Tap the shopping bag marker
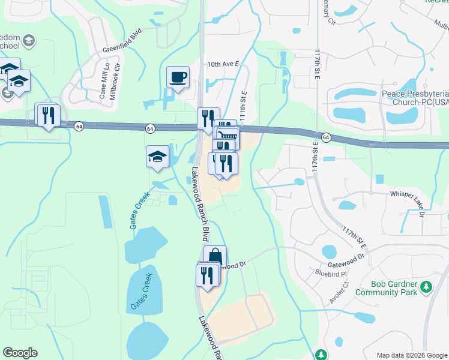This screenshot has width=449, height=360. pyautogui.click(x=215, y=257)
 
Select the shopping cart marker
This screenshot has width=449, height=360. pyautogui.click(x=228, y=138)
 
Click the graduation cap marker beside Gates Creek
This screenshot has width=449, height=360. pyautogui.click(x=158, y=157)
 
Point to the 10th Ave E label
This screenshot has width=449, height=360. pyautogui.click(x=223, y=63)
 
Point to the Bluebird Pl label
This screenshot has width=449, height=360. pyautogui.click(x=332, y=272)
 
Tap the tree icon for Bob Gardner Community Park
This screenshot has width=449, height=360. pyautogui.click(x=426, y=286)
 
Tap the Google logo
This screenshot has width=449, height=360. pyautogui.click(x=20, y=353)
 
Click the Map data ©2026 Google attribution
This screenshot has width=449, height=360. pyautogui.click(x=411, y=355)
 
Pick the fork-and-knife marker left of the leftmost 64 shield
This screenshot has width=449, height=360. pyautogui.click(x=47, y=114)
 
